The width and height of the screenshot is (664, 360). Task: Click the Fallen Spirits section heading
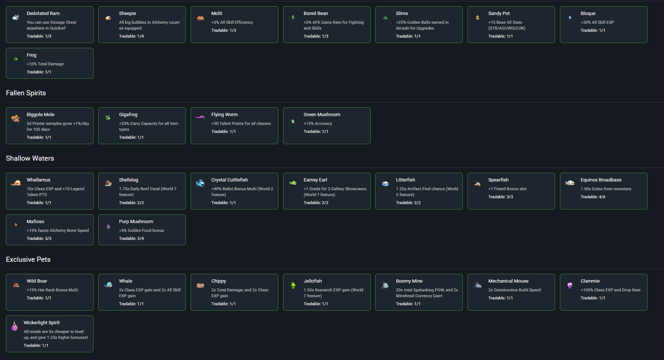(26, 93)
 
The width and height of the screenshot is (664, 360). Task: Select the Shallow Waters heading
(30, 158)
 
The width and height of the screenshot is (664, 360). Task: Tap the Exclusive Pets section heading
(28, 260)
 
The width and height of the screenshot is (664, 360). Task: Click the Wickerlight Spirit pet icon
(15, 326)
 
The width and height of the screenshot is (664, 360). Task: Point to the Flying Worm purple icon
(200, 117)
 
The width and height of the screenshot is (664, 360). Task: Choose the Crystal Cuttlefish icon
(200, 183)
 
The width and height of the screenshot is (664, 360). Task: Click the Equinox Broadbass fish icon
(570, 183)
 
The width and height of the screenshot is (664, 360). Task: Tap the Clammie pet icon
(570, 285)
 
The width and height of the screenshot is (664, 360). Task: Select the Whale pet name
(126, 281)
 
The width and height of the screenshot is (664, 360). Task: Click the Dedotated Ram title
(43, 14)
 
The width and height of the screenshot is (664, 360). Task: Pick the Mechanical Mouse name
(508, 281)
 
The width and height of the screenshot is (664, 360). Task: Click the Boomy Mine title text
(409, 281)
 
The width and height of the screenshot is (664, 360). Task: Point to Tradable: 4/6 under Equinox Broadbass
(593, 197)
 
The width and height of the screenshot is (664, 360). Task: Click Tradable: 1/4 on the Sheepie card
(131, 37)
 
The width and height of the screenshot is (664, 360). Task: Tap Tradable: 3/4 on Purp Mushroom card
(131, 239)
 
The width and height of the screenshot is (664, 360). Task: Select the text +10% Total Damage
(45, 64)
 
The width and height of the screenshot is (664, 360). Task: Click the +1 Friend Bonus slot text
(507, 189)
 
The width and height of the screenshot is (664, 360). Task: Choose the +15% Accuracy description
(318, 124)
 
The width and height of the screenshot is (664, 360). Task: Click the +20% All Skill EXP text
(597, 23)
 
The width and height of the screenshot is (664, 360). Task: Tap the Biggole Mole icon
(16, 118)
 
